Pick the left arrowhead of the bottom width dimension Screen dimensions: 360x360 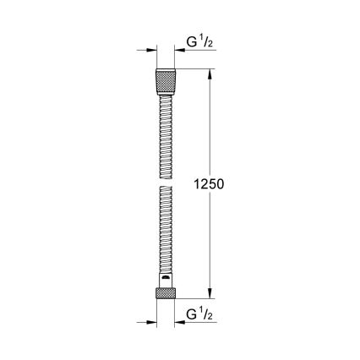[x=152, y=322]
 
